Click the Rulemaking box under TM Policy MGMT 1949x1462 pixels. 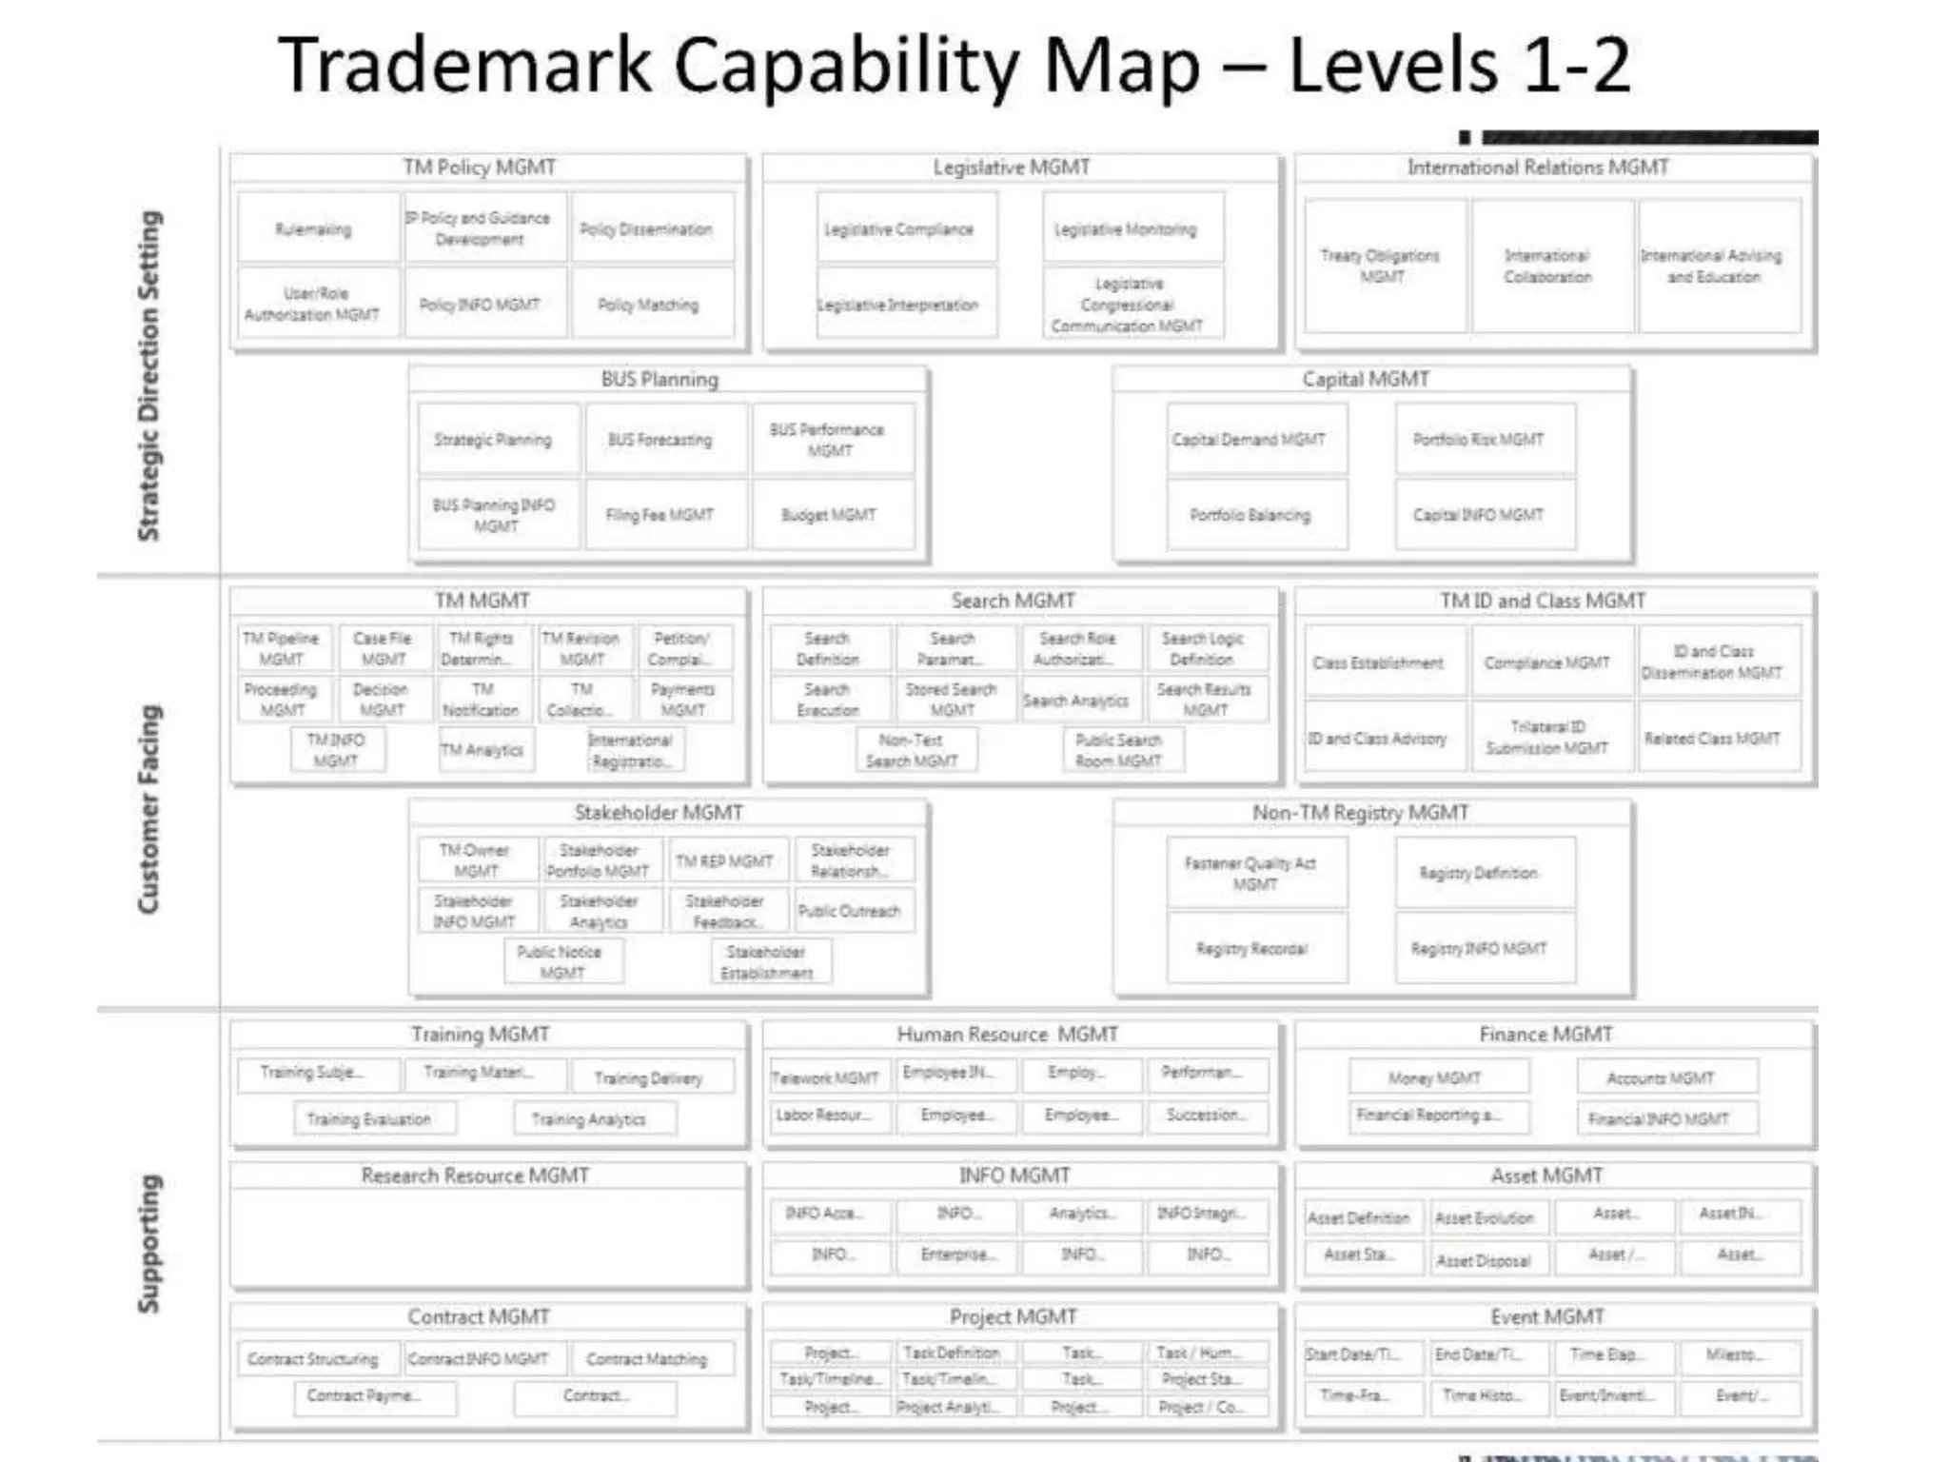coord(314,229)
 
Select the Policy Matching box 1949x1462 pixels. coord(648,305)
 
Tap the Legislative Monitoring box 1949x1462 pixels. coord(1126,229)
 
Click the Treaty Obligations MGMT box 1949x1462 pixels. coord(1381,266)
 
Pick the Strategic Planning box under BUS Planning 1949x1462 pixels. coord(493,440)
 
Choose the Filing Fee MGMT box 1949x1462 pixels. coord(660,515)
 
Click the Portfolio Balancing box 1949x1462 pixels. coord(1250,515)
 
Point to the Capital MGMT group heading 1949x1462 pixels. coord(1366,379)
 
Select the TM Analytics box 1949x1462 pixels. coord(482,750)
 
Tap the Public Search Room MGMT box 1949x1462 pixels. coord(1119,750)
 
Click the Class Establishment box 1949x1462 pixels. coord(1378,662)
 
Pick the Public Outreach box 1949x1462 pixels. coord(849,911)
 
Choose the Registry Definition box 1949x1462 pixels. coord(1478,873)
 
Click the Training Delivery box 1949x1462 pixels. coord(648,1077)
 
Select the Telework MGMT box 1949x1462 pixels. coord(825,1077)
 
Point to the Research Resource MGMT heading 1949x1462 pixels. coord(475,1176)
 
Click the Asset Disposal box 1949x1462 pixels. coord(1484,1260)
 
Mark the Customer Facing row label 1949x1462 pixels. coord(148,809)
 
